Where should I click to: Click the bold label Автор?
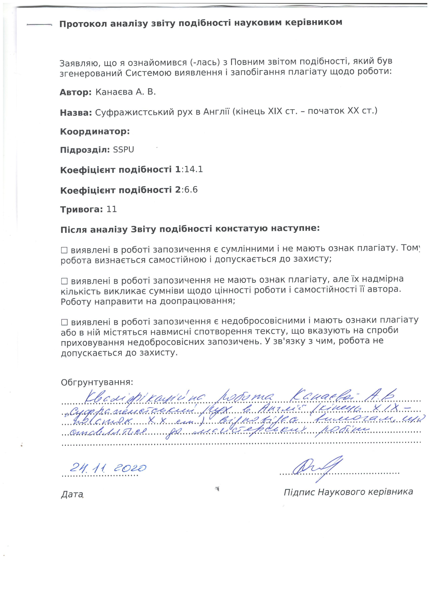(x=76, y=92)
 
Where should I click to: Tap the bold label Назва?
(x=76, y=113)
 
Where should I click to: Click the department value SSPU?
(x=123, y=150)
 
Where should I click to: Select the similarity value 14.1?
(x=193, y=170)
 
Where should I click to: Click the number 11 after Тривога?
(x=112, y=209)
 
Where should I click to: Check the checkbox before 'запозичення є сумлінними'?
(x=64, y=250)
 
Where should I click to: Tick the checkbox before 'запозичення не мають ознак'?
(x=64, y=281)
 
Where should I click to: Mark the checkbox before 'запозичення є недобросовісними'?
(x=64, y=322)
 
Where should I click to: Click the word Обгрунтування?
(x=97, y=382)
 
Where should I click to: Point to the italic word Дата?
(x=72, y=494)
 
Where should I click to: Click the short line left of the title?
(x=40, y=25)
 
